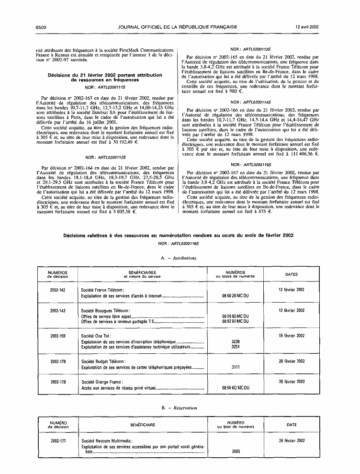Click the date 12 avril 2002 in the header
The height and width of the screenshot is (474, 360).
(307, 27)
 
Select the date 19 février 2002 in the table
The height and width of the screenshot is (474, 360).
(291, 336)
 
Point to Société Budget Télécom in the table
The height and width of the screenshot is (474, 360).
(103, 361)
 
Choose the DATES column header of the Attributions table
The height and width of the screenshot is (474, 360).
(291, 274)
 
